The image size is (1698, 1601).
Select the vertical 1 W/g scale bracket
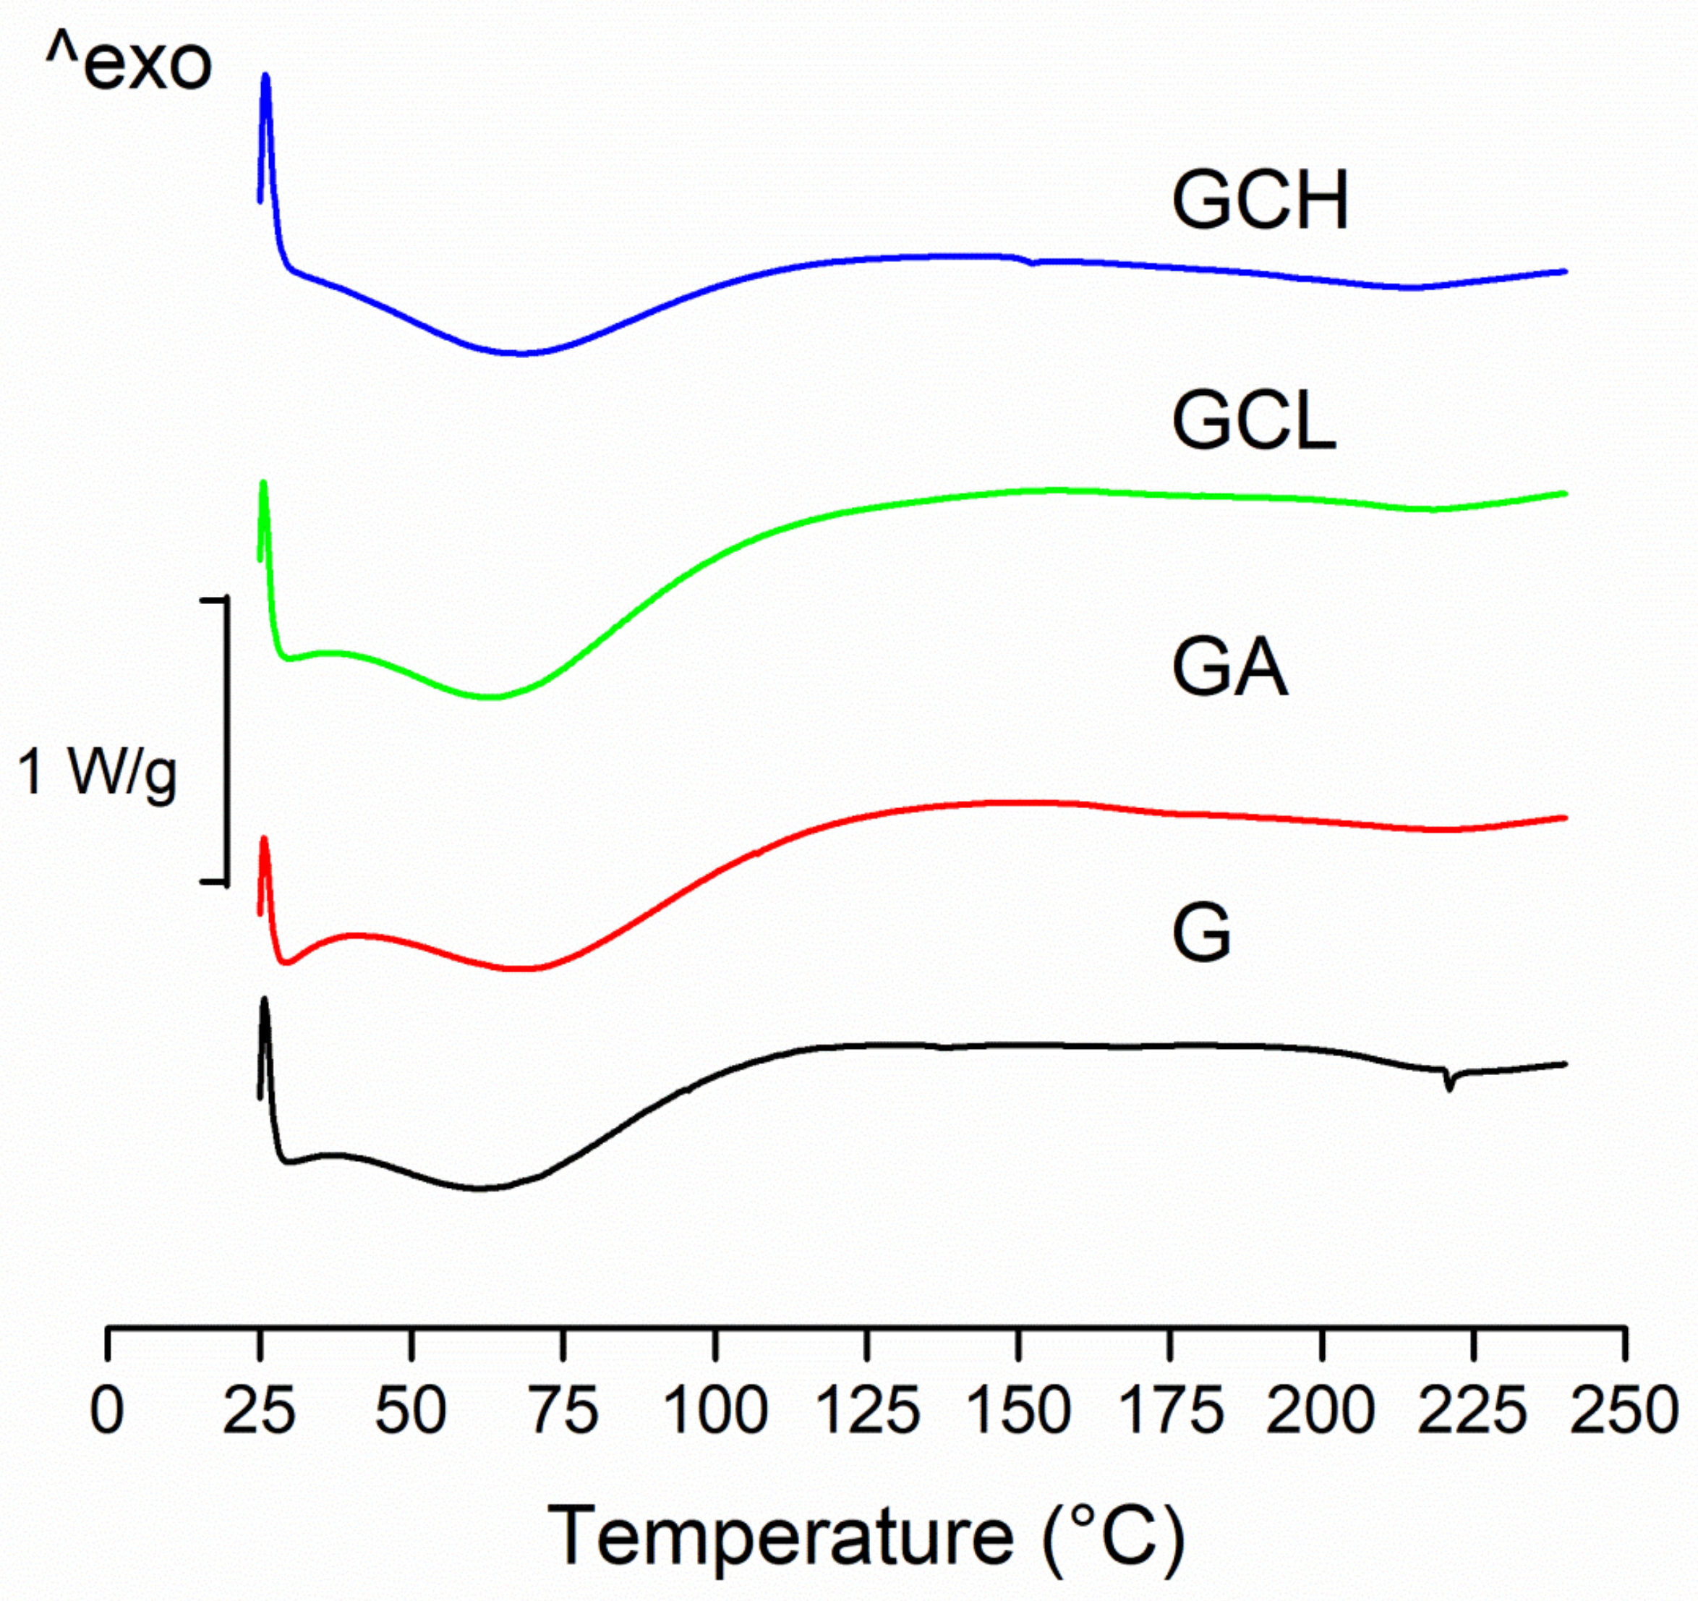click(226, 741)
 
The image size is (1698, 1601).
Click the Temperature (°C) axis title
click(865, 1535)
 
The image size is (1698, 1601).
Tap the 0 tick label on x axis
click(108, 1411)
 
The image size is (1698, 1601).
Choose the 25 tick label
click(259, 1411)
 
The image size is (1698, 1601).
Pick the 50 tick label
click(411, 1411)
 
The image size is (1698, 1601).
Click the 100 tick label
click(715, 1411)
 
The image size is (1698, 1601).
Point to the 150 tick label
click(1018, 1411)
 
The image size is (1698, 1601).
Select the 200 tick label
click(1321, 1411)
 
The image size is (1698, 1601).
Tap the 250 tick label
click(1624, 1411)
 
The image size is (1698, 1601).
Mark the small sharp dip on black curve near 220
click(1449, 1087)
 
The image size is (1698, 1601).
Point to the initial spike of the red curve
click(264, 841)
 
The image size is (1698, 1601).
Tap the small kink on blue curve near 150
click(1032, 263)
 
